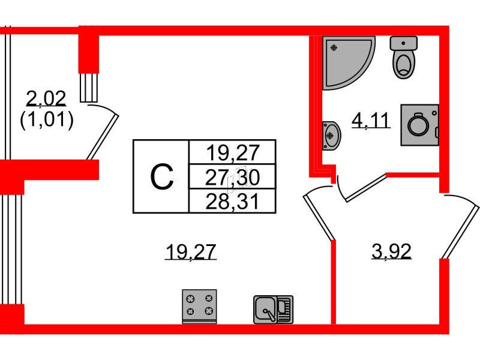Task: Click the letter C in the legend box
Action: [x=161, y=176]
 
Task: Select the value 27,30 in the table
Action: [x=232, y=177]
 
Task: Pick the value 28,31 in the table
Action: [x=232, y=201]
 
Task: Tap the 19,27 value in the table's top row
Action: [x=232, y=152]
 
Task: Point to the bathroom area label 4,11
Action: [x=371, y=121]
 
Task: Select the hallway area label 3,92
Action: [x=391, y=252]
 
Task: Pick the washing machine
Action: [x=419, y=125]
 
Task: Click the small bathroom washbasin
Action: [x=331, y=134]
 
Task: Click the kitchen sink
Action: [x=272, y=309]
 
